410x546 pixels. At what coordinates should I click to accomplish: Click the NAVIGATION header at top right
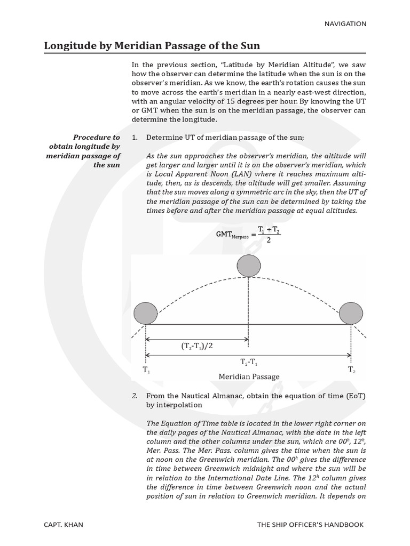[x=345, y=23]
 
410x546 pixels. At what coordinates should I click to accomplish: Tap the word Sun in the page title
[x=249, y=46]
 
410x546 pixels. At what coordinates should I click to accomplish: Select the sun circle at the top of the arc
[x=249, y=266]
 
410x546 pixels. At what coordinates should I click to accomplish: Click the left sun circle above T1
[x=145, y=313]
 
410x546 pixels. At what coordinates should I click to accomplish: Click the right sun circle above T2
[x=351, y=313]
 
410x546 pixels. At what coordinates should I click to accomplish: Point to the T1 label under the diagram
[x=146, y=370]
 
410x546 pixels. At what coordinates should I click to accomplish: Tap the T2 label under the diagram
[x=351, y=370]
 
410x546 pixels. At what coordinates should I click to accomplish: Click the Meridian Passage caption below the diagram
[x=249, y=376]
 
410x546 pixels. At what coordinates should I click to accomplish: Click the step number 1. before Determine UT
[x=135, y=138]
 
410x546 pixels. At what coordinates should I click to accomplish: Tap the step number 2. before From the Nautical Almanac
[x=135, y=396]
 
